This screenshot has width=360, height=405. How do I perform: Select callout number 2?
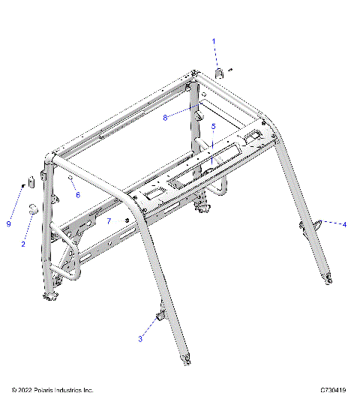[x=23, y=244]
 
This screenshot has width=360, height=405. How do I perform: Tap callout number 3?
[x=140, y=340]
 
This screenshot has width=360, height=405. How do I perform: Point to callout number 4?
[x=345, y=224]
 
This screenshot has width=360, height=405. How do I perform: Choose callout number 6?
[x=77, y=195]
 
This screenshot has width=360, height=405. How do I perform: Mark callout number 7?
[x=109, y=221]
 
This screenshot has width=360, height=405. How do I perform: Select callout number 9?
[x=9, y=223]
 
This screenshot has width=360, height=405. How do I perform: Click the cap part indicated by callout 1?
[x=220, y=73]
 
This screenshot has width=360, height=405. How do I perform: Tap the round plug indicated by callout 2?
[x=34, y=208]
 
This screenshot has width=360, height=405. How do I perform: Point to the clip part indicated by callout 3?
[x=160, y=317]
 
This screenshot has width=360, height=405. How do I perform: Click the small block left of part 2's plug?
[x=32, y=182]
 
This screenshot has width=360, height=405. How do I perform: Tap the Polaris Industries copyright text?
[x=52, y=391]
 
